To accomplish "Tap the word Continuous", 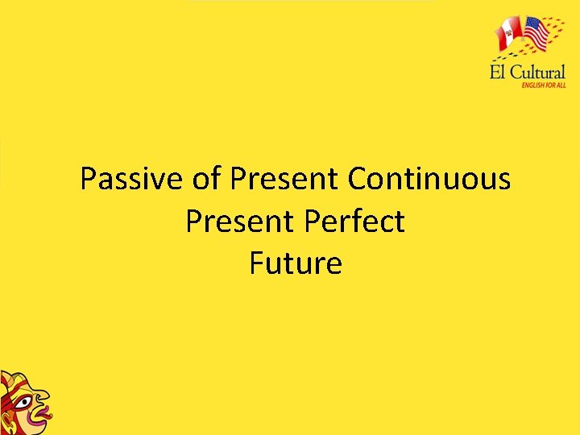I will click(429, 179).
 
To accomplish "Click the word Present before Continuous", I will click(285, 179).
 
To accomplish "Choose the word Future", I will click(296, 263).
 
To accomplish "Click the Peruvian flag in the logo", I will click(509, 34).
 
